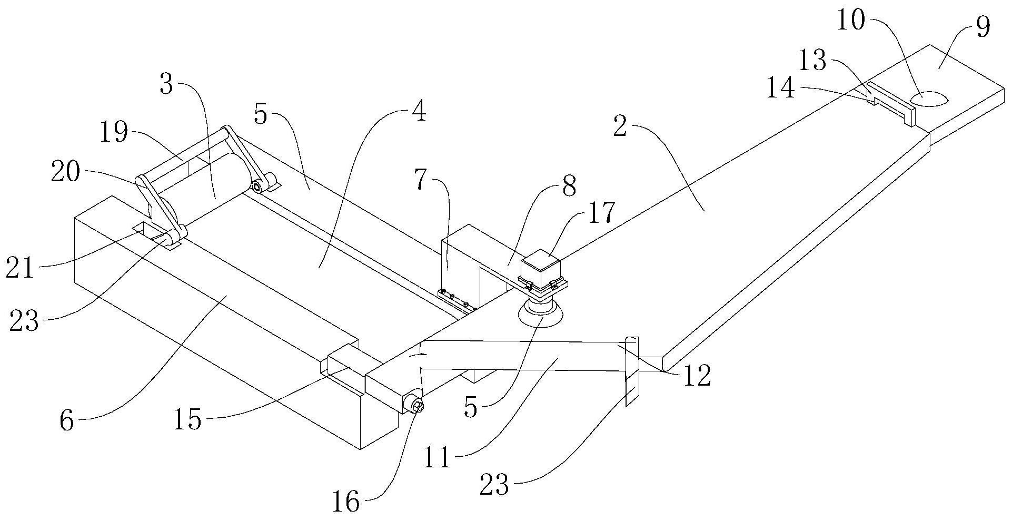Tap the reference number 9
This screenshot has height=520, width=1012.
[x=983, y=27]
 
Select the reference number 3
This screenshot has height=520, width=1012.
[x=166, y=84]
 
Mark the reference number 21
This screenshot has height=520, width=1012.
[x=21, y=269]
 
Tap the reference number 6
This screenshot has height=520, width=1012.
[x=67, y=421]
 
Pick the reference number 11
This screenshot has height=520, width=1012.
[x=438, y=458]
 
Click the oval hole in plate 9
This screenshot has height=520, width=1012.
[x=929, y=99]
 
